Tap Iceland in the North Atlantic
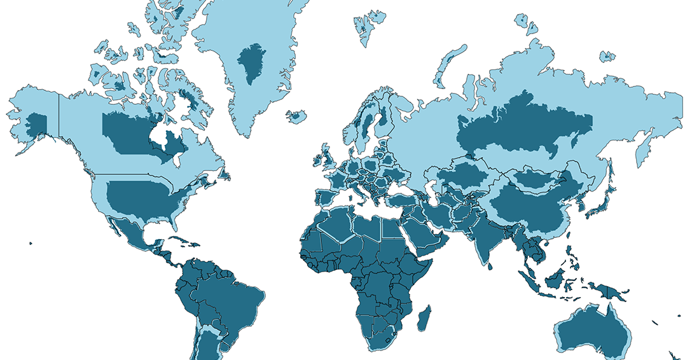click(x=296, y=116)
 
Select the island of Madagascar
click(x=424, y=317)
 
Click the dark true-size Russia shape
click(x=522, y=124)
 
